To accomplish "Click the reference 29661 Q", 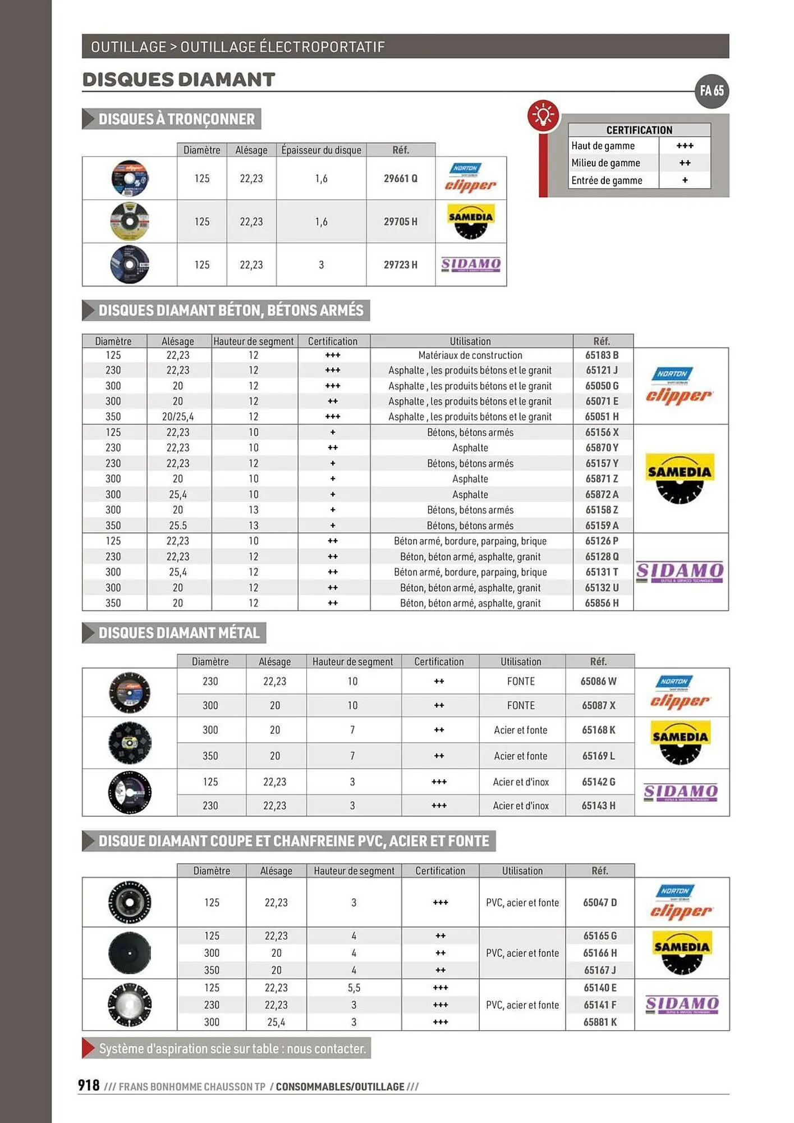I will click(400, 179).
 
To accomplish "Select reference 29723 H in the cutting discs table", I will click(400, 264).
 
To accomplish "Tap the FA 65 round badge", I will click(712, 91).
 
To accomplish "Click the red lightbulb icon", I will click(543, 115).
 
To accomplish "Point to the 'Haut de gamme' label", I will click(603, 146).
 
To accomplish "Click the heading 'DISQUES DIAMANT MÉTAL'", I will click(178, 633).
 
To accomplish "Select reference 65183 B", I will click(602, 355).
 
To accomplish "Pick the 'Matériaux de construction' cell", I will click(470, 355).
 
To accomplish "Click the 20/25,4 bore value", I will click(178, 417).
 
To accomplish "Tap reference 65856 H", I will click(602, 603).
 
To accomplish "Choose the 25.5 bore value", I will click(178, 526).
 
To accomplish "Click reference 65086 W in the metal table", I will click(598, 681).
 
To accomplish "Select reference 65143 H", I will click(598, 805).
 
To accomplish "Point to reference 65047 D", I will click(599, 902).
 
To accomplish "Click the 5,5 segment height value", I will click(354, 988).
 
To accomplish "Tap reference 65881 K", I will click(599, 1022).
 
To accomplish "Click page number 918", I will click(89, 1085).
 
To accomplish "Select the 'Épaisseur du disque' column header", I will click(321, 150).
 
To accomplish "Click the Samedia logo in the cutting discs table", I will click(470, 221).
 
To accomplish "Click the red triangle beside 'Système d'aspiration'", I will click(88, 1048).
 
